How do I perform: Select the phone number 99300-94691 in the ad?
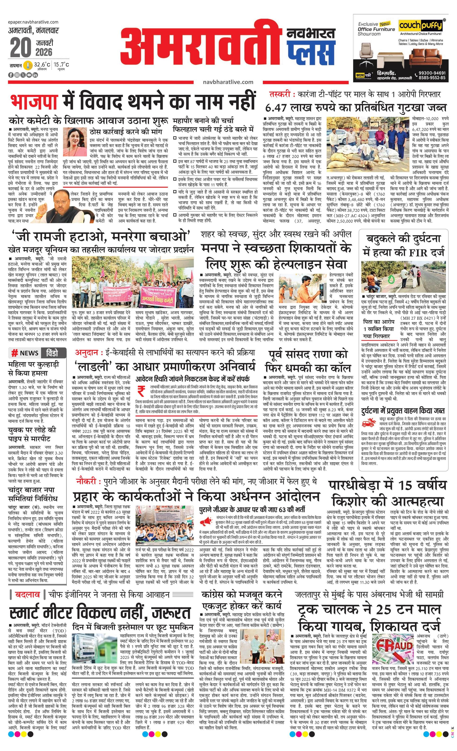[x=432, y=73]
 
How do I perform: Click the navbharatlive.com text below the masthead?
[x=228, y=82]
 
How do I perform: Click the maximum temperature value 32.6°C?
[x=42, y=65]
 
